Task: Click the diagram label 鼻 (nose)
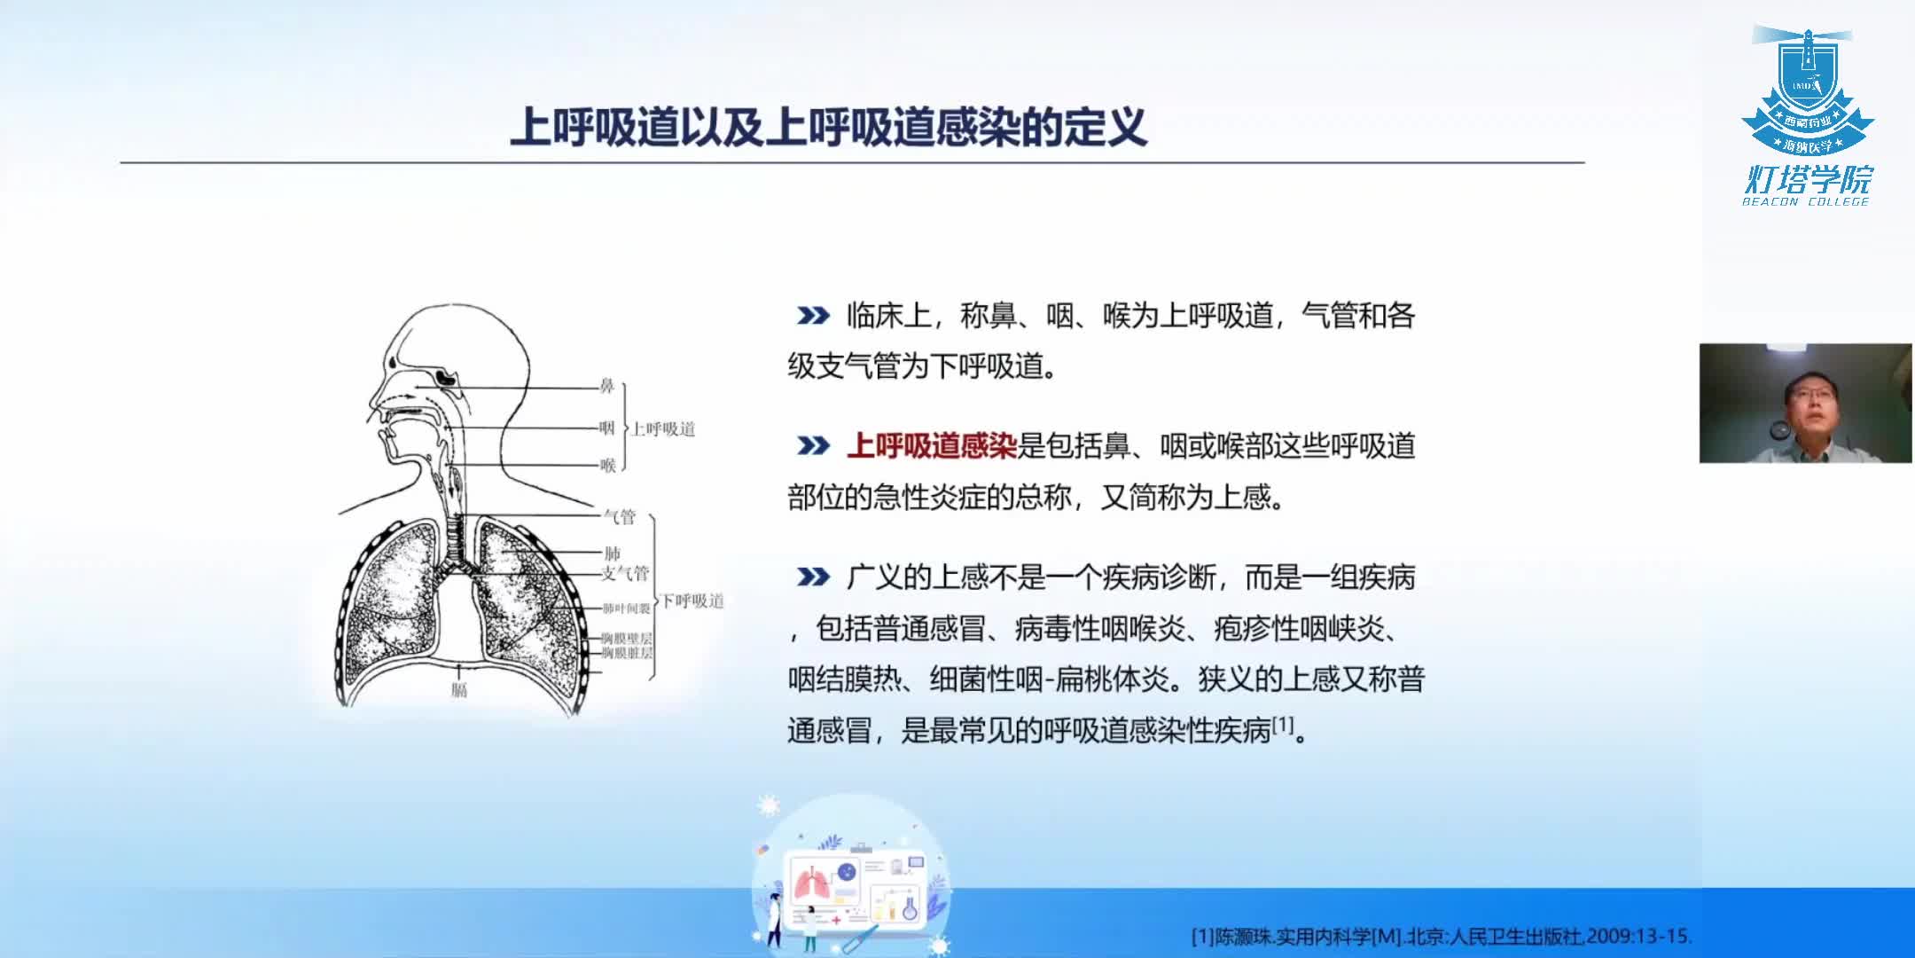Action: point(607,386)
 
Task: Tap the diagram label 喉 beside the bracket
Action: point(607,466)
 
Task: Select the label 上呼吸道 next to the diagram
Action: point(663,429)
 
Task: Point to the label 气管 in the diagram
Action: point(620,516)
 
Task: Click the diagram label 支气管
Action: point(625,573)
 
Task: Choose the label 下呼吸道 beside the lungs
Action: point(693,601)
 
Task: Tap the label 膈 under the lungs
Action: point(458,689)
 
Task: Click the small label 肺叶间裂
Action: point(626,609)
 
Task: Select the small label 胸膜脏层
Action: point(626,653)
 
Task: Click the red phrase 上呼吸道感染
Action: point(931,445)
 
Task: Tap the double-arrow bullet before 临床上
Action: point(812,316)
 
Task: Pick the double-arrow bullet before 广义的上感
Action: point(812,577)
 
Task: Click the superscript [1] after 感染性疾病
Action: point(1283,725)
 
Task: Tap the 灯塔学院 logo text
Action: point(1808,179)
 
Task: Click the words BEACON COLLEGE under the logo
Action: point(1806,202)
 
